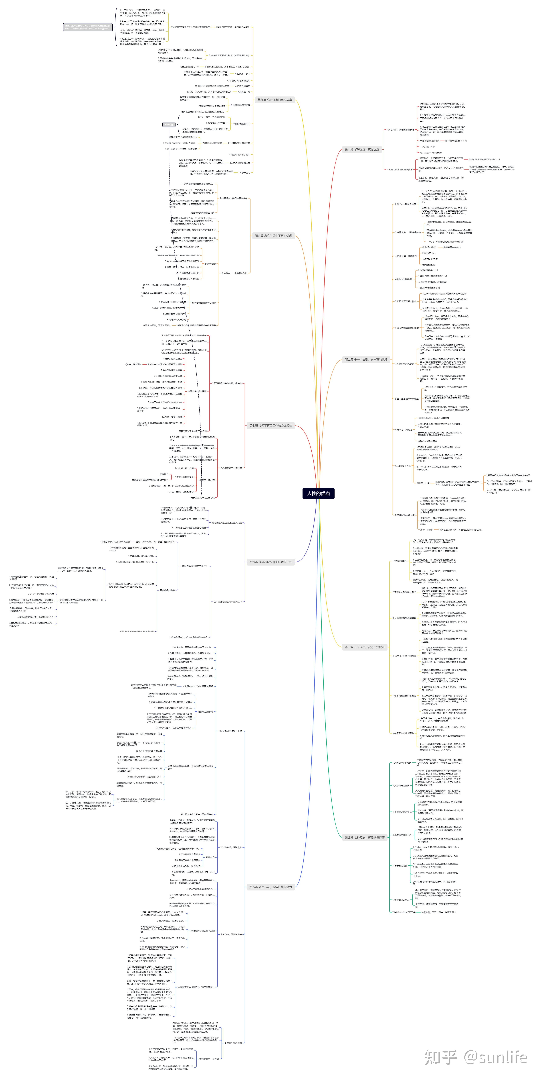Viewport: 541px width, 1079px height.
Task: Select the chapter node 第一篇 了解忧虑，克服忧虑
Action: (362, 149)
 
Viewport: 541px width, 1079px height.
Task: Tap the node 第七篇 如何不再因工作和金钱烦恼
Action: (271, 426)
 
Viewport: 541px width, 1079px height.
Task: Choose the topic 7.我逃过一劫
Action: (244, 92)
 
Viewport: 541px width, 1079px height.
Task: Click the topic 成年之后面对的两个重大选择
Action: (228, 601)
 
